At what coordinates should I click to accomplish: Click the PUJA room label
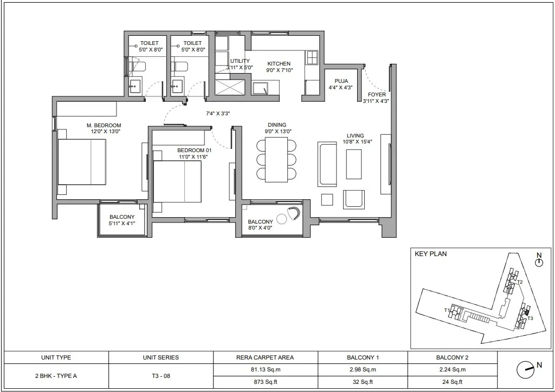pos(341,81)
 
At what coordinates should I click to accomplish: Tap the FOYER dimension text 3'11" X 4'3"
pos(376,101)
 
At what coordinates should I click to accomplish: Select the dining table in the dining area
pos(276,159)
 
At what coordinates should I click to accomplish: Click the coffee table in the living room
pos(353,164)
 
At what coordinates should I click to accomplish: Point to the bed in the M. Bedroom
pos(82,162)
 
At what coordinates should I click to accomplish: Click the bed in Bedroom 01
pos(177,181)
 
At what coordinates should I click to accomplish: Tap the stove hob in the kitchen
pos(312,57)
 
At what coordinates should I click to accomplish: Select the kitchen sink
pos(260,89)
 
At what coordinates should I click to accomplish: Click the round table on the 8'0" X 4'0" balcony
pos(281,219)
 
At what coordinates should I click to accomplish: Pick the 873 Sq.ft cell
pos(266,382)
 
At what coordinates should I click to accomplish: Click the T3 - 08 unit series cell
pos(160,376)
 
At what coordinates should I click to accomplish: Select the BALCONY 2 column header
pos(452,357)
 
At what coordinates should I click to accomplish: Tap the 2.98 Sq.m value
pos(363,370)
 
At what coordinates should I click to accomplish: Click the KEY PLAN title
pos(430,254)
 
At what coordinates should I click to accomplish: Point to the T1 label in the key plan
pos(447,310)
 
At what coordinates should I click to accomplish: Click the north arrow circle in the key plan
pos(539,263)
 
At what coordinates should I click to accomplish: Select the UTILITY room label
pos(240,61)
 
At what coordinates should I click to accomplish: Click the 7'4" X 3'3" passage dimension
pos(218,114)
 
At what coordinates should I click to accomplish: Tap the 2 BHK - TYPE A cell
pos(56,376)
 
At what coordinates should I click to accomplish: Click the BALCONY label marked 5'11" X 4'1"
pos(122,217)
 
